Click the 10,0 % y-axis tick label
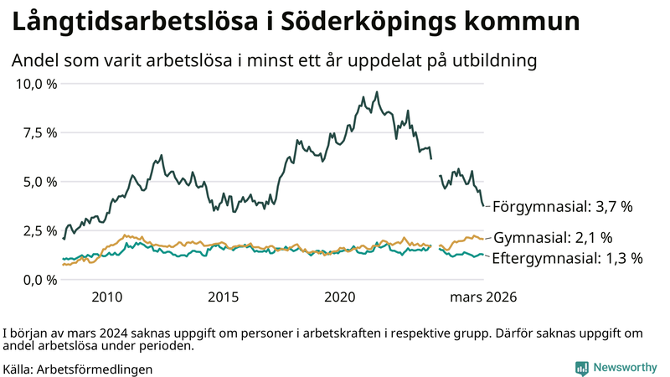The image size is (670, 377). (36, 84)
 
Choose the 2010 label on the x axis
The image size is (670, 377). (107, 297)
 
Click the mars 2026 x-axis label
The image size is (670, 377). (483, 297)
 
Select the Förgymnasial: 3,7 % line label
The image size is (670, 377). (562, 206)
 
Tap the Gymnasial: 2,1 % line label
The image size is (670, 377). (554, 238)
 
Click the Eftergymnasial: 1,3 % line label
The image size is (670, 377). (566, 258)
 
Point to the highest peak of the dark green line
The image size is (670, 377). (377, 92)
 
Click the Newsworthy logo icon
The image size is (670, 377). (581, 368)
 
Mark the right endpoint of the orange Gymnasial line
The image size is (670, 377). (483, 239)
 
